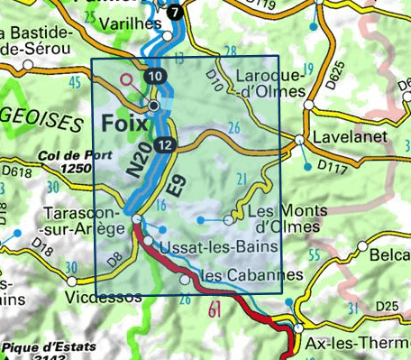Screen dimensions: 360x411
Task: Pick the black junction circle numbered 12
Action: [x=164, y=145]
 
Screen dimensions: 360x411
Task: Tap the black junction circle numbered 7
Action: [x=174, y=12]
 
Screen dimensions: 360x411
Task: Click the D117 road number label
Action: [x=333, y=167]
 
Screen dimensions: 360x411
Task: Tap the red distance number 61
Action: [x=215, y=312]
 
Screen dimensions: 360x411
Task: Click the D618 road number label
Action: [x=16, y=169]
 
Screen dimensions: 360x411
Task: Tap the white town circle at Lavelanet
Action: [x=299, y=139]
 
